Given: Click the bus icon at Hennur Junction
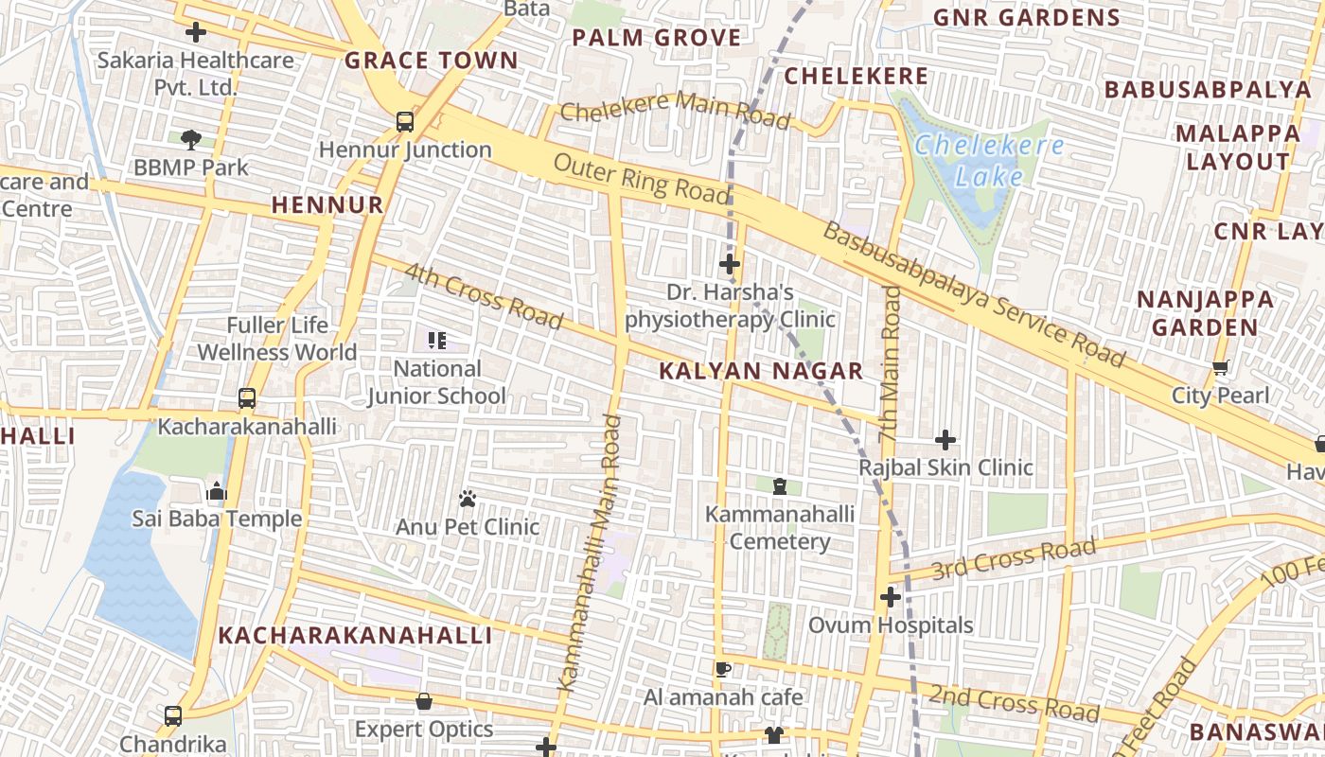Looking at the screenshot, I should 405,121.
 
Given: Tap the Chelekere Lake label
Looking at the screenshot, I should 989,161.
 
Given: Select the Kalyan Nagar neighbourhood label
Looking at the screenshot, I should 761,371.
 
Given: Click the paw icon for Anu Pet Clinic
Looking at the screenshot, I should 468,498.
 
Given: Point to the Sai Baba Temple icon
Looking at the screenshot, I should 217,491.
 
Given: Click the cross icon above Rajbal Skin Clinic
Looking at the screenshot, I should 945,440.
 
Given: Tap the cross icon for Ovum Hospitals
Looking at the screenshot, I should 890,598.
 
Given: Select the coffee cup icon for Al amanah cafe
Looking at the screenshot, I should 723,670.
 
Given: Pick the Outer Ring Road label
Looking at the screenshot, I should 643,179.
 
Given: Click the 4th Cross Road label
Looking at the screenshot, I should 485,296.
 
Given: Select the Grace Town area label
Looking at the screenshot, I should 431,62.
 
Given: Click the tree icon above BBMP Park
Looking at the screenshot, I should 191,140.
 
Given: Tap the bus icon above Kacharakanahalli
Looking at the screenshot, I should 247,398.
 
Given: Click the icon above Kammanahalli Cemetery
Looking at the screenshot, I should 780,486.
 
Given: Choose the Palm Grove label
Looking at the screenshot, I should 657,38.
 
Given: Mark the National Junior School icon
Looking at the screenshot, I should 436,340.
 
